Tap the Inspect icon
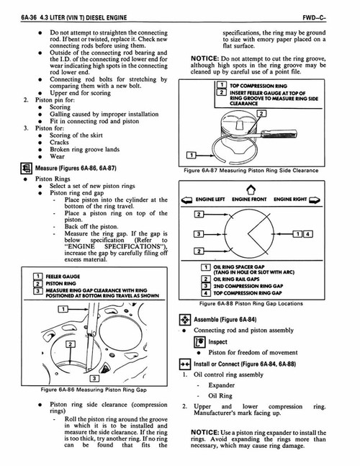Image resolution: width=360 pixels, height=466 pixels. coord(201,342)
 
